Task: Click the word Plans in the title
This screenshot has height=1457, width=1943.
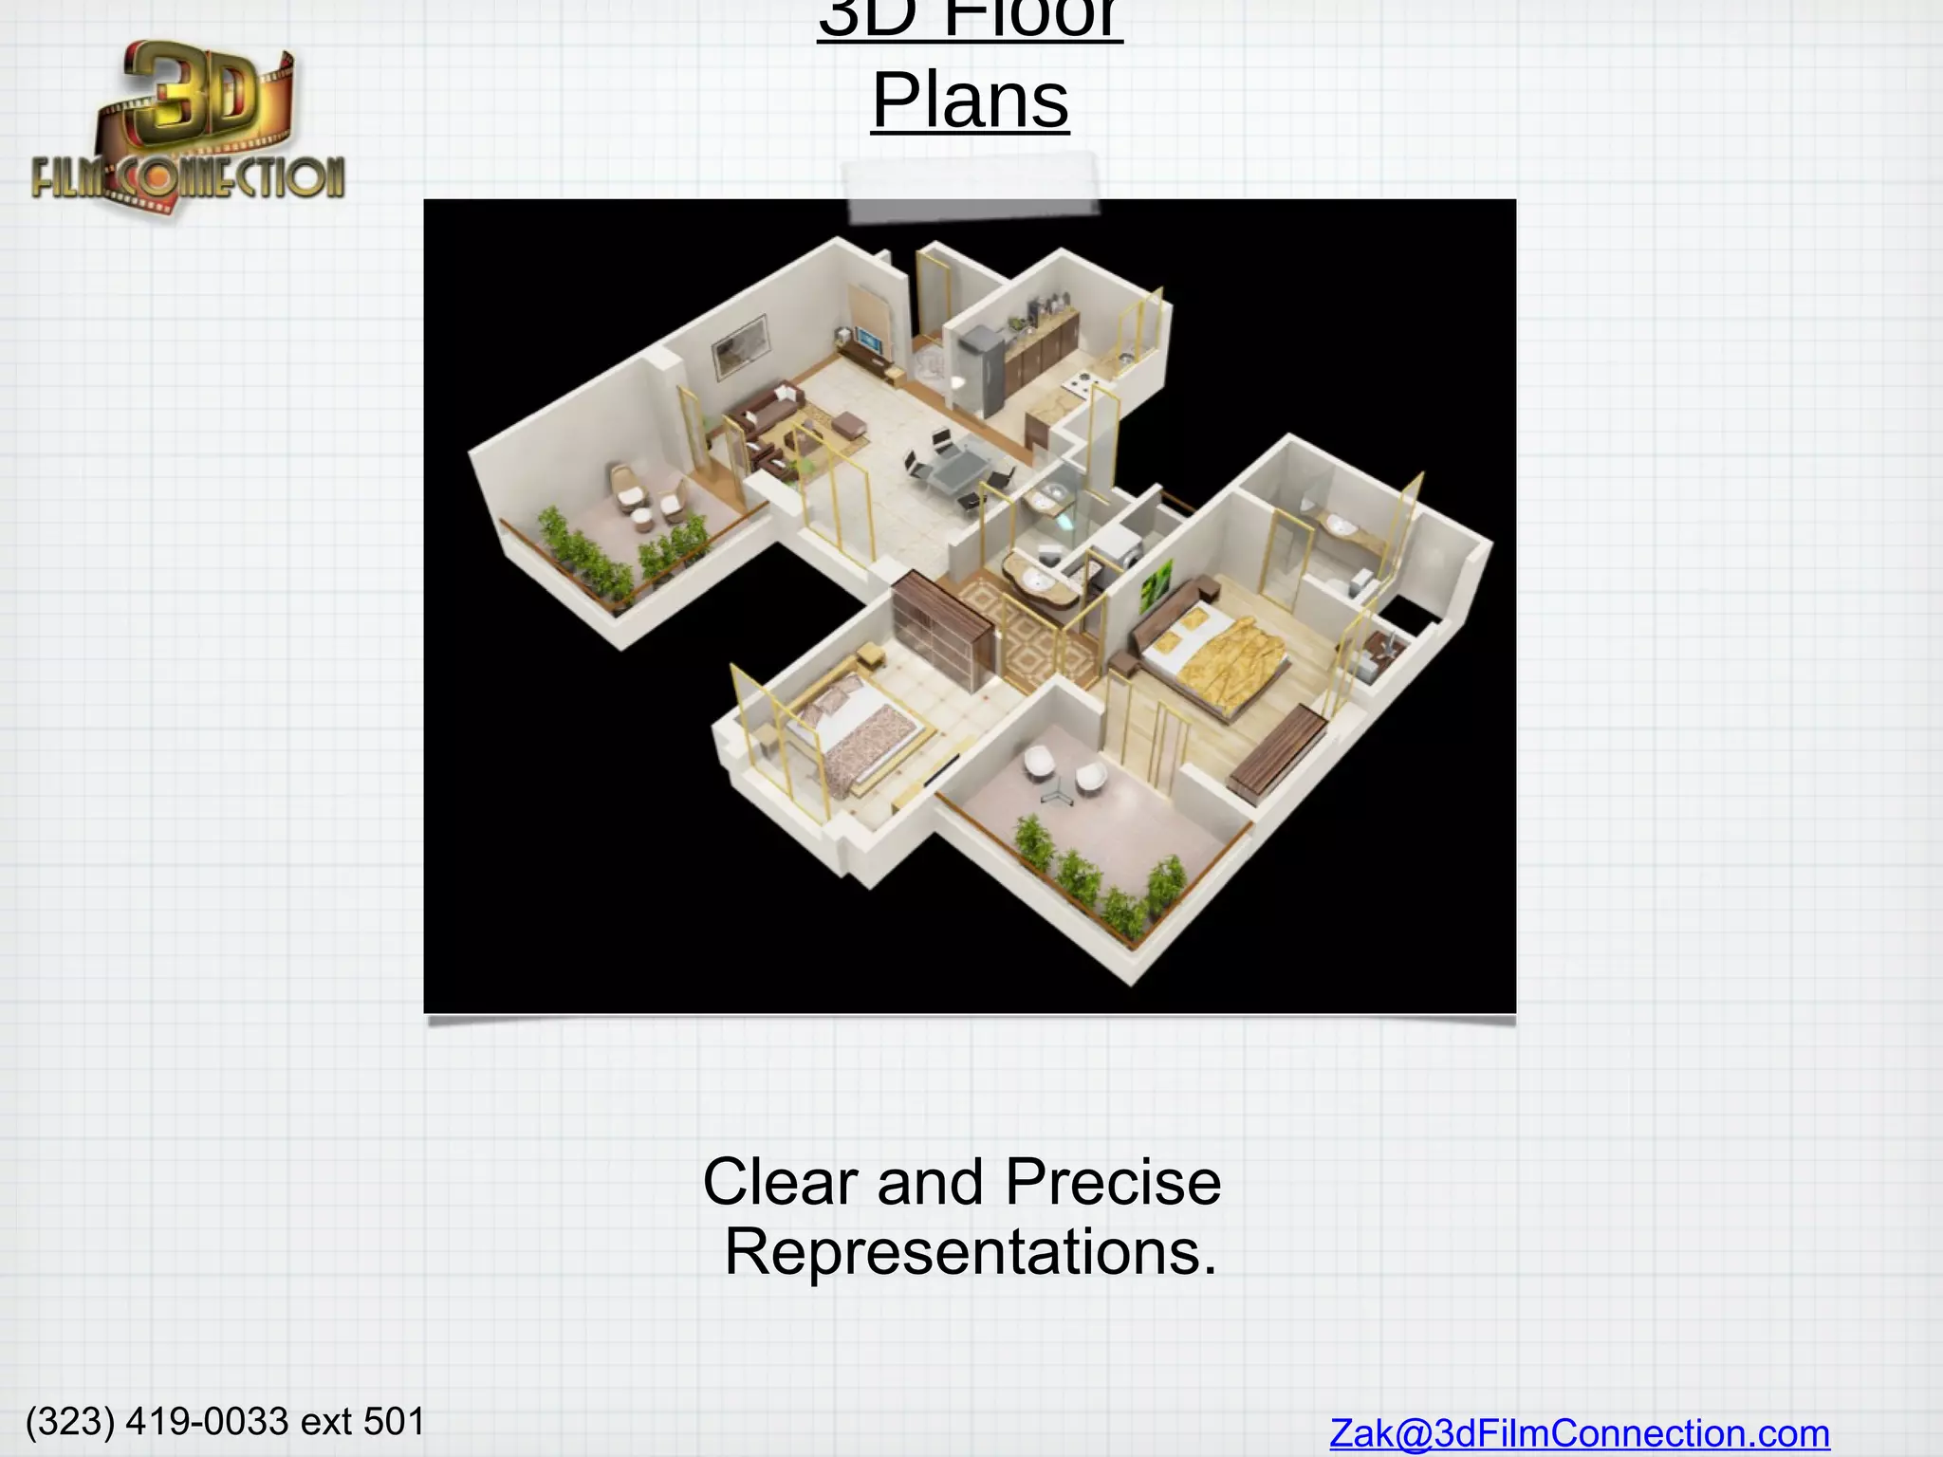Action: (971, 101)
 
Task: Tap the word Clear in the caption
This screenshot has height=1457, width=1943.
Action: (782, 1182)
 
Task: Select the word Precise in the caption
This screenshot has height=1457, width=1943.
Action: (1112, 1182)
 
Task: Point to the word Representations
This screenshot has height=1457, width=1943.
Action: (970, 1252)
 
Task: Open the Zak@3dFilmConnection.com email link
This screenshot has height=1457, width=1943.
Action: (1579, 1433)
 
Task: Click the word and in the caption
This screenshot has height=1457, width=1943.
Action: (930, 1182)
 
